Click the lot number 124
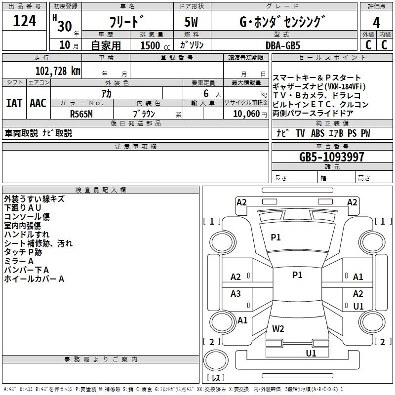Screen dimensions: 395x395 [24, 21]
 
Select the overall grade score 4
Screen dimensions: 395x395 [376, 22]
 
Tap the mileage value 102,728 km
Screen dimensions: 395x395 [58, 71]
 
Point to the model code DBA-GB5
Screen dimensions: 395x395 [283, 45]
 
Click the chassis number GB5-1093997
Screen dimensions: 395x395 [331, 157]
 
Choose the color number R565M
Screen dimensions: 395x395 [81, 114]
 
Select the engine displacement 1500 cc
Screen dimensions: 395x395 [155, 45]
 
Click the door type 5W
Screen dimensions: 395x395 [191, 22]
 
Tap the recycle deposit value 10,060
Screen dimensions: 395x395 [246, 114]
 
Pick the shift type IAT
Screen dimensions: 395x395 [14, 103]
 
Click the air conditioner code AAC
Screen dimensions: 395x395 [38, 103]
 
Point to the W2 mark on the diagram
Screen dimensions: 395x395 [278, 328]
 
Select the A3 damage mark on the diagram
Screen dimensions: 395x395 [236, 293]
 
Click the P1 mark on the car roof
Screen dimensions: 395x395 [297, 275]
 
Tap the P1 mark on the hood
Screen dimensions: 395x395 [276, 237]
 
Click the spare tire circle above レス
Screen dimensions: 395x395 [216, 360]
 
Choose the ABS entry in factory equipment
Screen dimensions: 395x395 [317, 133]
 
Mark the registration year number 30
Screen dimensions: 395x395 [65, 26]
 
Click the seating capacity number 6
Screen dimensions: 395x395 [206, 93]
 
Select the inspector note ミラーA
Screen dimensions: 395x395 [19, 261]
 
